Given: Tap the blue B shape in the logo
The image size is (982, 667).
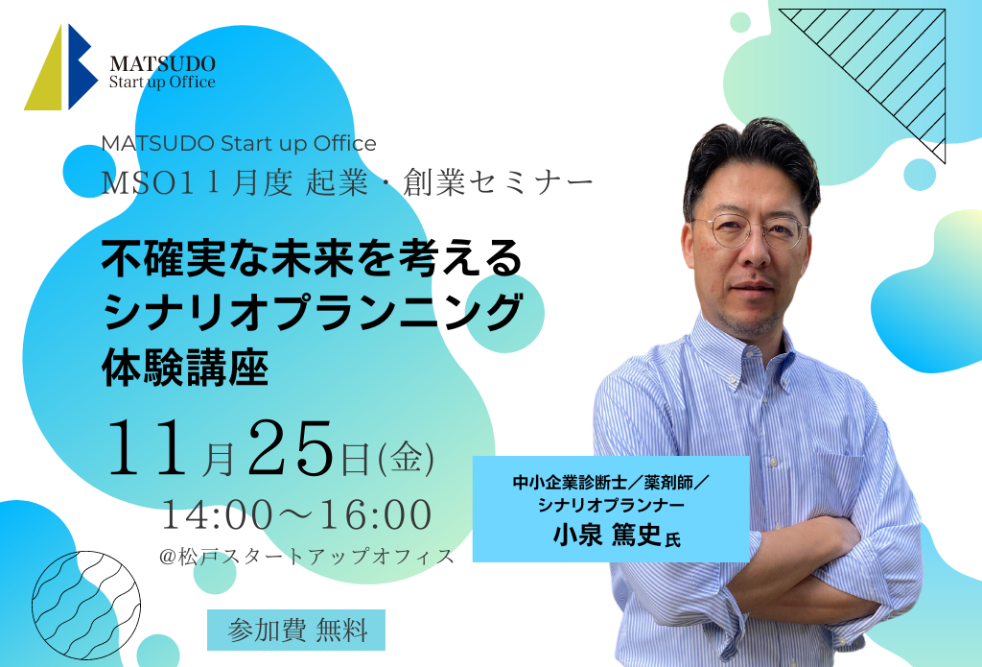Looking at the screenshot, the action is [81, 66].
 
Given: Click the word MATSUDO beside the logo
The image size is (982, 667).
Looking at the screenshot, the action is [162, 63].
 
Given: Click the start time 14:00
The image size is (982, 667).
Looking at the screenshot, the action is [218, 514].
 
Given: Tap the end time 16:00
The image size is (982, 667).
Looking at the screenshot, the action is [376, 514].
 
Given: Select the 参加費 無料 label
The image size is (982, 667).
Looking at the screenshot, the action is [296, 630].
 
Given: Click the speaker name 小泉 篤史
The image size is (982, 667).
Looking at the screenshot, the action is [607, 536].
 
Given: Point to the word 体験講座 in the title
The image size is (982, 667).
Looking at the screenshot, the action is [185, 368].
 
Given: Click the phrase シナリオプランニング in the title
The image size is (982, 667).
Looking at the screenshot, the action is [312, 312].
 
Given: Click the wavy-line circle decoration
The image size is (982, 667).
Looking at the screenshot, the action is [86, 606].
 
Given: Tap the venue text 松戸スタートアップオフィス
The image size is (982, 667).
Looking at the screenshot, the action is [316, 557].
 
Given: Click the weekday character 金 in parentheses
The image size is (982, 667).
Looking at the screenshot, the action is [407, 459].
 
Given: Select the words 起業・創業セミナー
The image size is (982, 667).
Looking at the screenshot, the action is [449, 183].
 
